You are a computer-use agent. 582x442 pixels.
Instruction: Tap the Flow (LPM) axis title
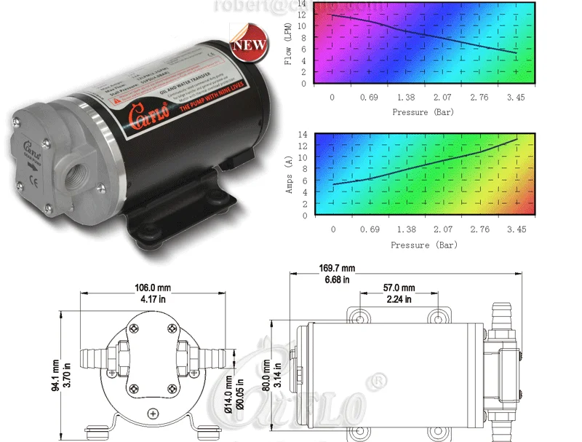click(x=288, y=44)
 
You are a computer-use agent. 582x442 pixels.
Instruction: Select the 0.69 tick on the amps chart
click(x=370, y=229)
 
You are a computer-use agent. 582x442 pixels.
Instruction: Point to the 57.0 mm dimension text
click(x=399, y=288)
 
